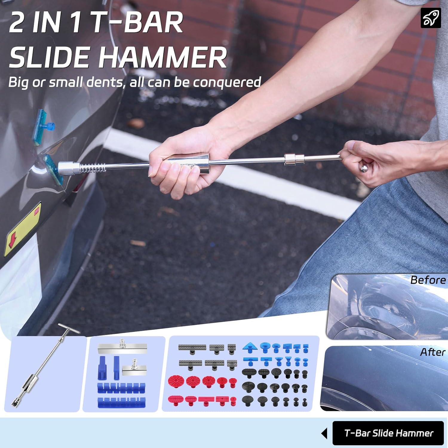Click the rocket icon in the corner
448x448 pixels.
tap(430, 18)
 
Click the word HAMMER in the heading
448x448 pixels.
tap(162, 57)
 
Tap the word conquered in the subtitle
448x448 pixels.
tap(227, 82)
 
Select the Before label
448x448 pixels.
tap(428, 280)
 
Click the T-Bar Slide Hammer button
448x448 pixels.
tap(389, 433)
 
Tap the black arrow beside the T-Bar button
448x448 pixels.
tap(324, 433)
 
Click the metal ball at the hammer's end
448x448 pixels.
tap(363, 168)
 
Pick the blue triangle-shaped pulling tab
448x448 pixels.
tap(250, 347)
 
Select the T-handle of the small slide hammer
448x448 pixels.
tap(69, 328)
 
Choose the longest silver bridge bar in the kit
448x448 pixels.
tap(122, 348)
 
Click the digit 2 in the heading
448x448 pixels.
tap(17, 23)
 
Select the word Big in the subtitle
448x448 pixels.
tap(18, 82)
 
